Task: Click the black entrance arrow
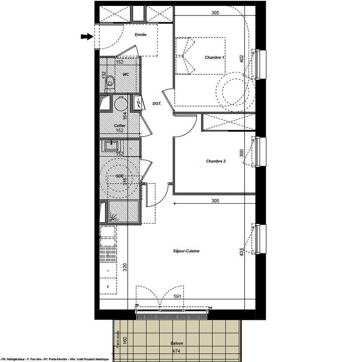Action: (86, 37)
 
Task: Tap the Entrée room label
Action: (140, 35)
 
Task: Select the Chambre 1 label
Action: (215, 57)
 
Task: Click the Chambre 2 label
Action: (216, 161)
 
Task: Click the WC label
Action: (126, 74)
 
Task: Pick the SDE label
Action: (120, 176)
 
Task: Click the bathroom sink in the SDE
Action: (111, 145)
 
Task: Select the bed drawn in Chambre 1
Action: (200, 56)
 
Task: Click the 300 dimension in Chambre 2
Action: (242, 153)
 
